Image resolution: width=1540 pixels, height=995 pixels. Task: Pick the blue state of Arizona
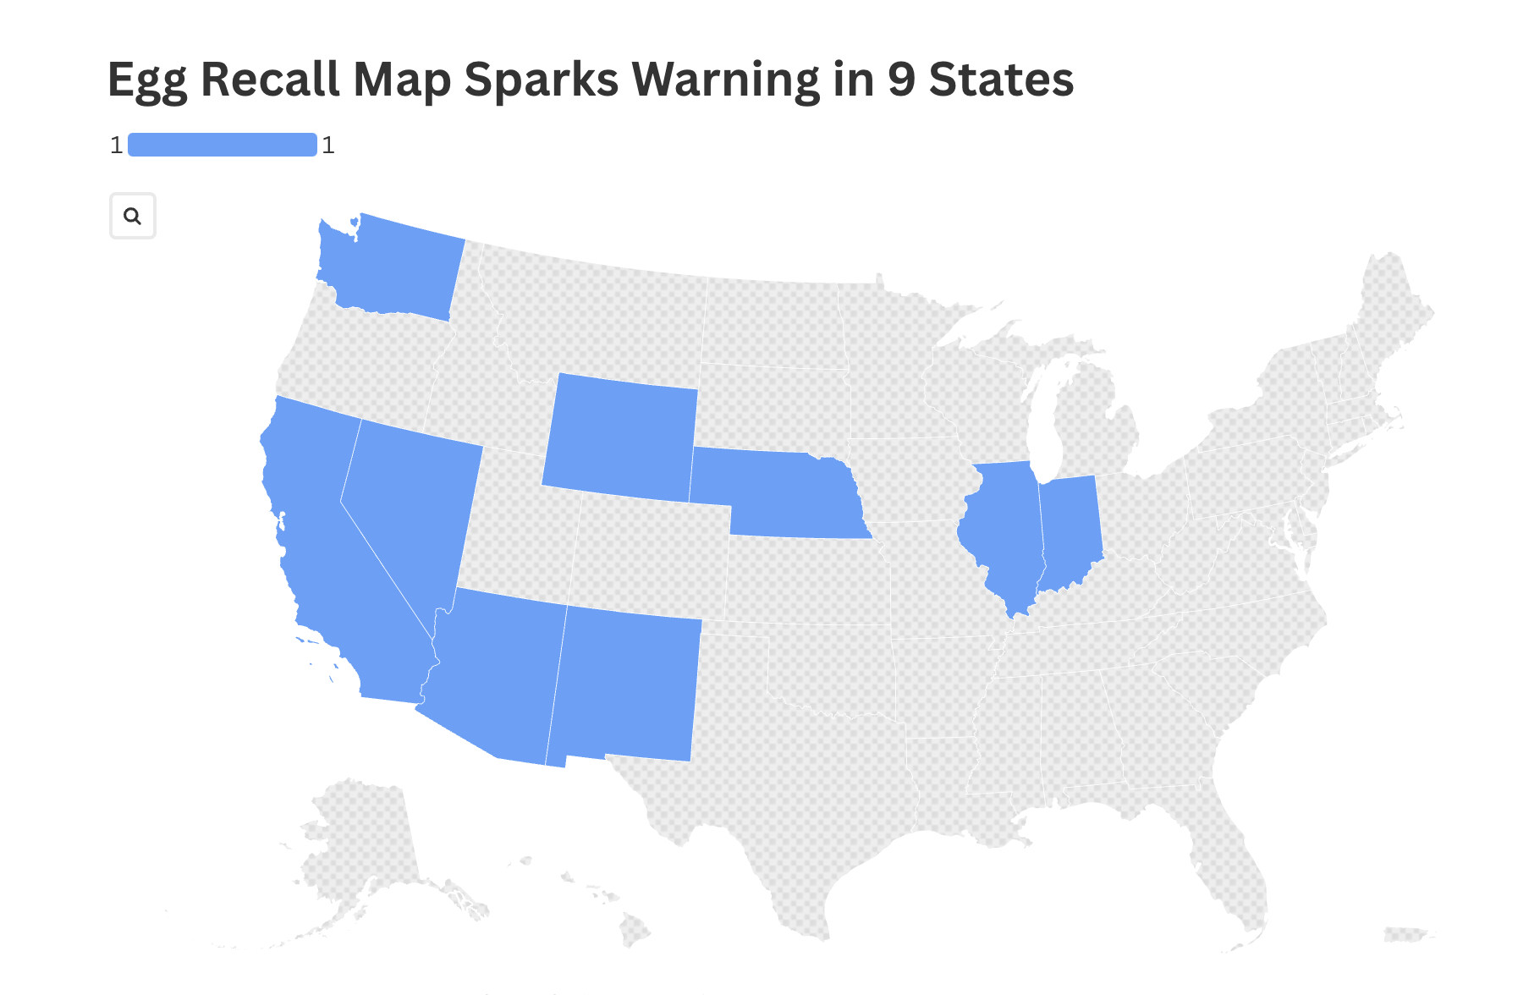(495, 677)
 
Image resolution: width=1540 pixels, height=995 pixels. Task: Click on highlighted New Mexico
(626, 685)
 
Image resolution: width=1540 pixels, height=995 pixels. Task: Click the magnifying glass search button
(133, 216)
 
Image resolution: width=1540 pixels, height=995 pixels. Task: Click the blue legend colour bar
(223, 145)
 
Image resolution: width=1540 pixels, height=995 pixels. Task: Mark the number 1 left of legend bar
(117, 146)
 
